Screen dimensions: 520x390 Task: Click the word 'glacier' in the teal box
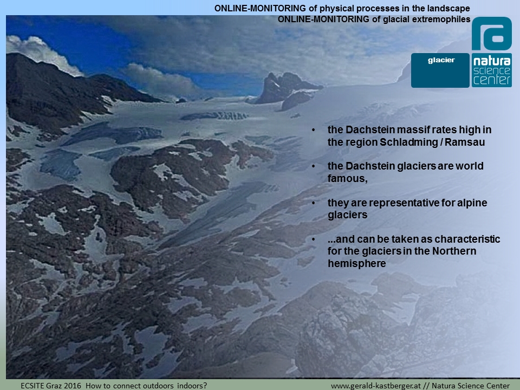click(441, 60)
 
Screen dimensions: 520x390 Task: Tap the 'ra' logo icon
click(491, 34)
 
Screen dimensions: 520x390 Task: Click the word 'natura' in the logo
click(492, 61)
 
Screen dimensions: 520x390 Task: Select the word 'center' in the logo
click(492, 80)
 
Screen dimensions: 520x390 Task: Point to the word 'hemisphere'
click(357, 263)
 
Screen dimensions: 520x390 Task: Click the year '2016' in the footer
click(72, 386)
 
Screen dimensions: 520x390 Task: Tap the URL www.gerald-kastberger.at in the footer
click(376, 386)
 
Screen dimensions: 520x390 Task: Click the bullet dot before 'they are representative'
click(314, 203)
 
